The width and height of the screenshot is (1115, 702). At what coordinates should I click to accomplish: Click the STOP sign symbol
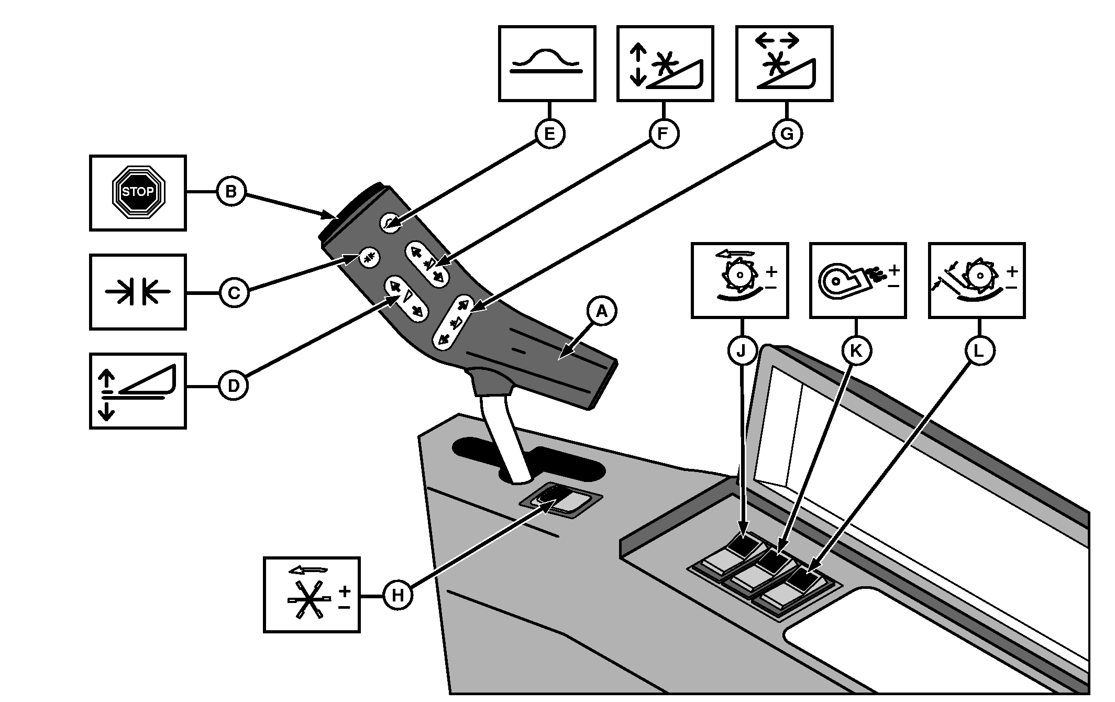(x=138, y=192)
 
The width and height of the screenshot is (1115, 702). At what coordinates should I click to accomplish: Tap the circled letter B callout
(x=231, y=192)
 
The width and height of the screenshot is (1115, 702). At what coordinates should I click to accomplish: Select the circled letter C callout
(x=234, y=292)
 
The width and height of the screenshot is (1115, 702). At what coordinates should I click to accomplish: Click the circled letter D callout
(x=233, y=386)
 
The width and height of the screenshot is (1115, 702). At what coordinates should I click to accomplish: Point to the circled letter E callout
(x=549, y=134)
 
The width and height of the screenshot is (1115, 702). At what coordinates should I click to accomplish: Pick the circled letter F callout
(x=664, y=134)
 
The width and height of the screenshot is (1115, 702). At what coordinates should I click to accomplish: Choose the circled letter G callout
(x=787, y=134)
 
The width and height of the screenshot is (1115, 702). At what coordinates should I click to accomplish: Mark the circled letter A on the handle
(x=602, y=312)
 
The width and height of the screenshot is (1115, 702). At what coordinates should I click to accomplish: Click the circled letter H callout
(x=398, y=595)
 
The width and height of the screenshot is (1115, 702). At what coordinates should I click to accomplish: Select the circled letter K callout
(x=856, y=350)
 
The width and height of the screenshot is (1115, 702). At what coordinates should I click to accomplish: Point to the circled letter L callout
(x=979, y=350)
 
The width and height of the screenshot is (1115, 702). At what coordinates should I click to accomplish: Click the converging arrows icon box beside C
(x=138, y=292)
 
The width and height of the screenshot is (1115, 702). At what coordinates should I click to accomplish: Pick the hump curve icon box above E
(x=547, y=63)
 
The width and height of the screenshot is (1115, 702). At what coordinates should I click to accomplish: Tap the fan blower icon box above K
(x=857, y=280)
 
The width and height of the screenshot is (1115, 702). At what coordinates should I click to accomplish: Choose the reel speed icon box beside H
(x=312, y=595)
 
